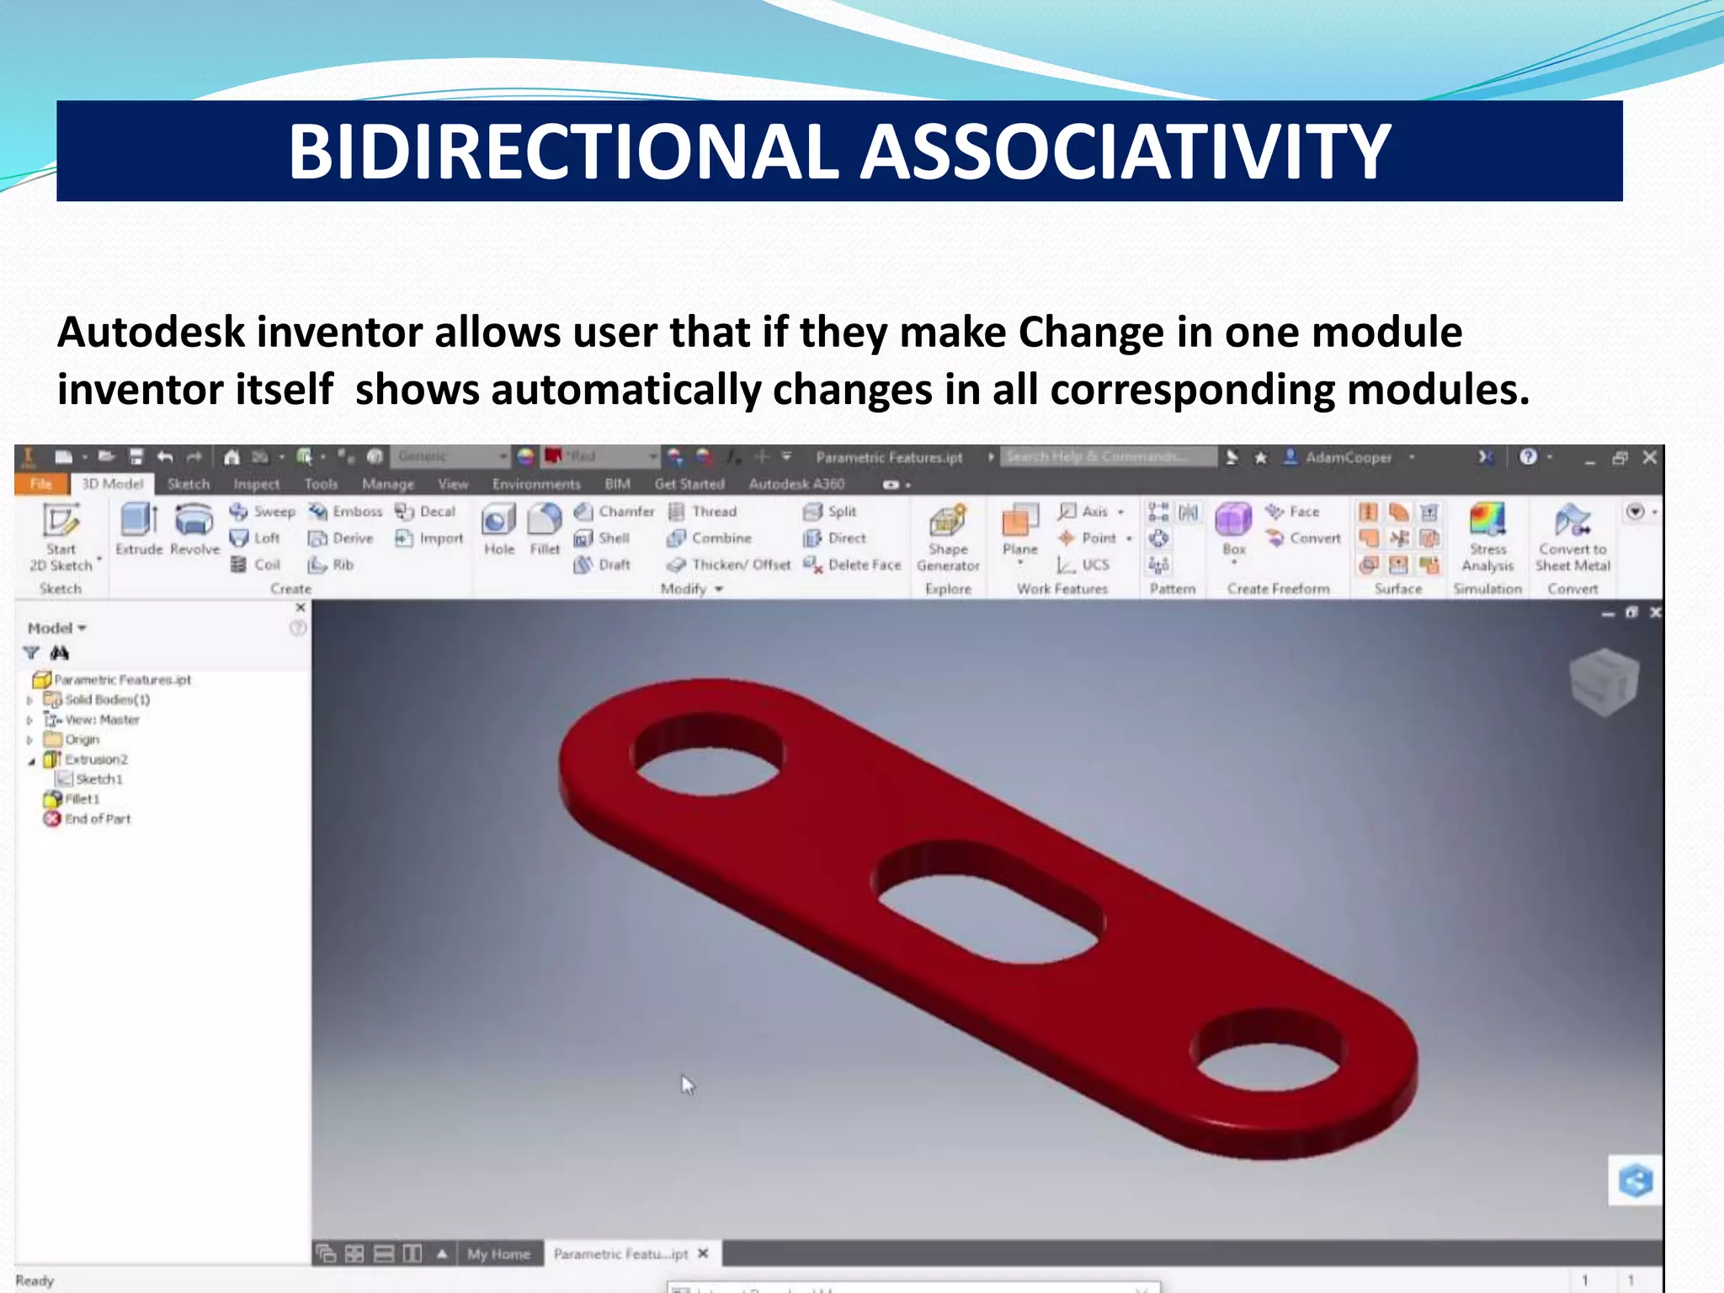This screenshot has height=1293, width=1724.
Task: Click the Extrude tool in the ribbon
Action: (x=139, y=528)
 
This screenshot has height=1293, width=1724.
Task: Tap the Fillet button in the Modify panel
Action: (x=545, y=528)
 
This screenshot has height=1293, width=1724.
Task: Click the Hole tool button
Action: (x=498, y=528)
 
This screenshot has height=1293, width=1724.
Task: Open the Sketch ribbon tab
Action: (x=188, y=484)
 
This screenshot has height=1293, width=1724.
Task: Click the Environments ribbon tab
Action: (x=536, y=484)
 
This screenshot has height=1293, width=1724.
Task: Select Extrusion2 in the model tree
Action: (x=96, y=759)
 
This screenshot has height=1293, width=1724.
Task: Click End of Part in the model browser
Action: (x=97, y=819)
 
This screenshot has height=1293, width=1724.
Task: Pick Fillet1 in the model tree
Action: (x=82, y=799)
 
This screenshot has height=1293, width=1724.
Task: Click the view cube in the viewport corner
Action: (x=1604, y=680)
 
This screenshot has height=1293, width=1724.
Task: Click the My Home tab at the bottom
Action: (x=498, y=1254)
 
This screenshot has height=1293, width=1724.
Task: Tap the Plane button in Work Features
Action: (x=1019, y=530)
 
